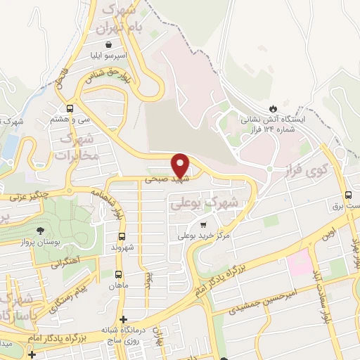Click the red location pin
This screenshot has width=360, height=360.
tap(181, 165)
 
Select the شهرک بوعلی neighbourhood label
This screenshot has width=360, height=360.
tap(205, 203)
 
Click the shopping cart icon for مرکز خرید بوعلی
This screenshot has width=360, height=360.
tap(204, 226)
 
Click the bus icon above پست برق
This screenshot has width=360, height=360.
tap(347, 195)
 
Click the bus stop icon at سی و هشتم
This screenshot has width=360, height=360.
tap(70, 108)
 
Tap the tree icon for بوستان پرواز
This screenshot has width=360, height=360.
tap(41, 230)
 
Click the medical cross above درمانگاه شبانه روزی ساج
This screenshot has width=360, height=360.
tap(123, 320)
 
